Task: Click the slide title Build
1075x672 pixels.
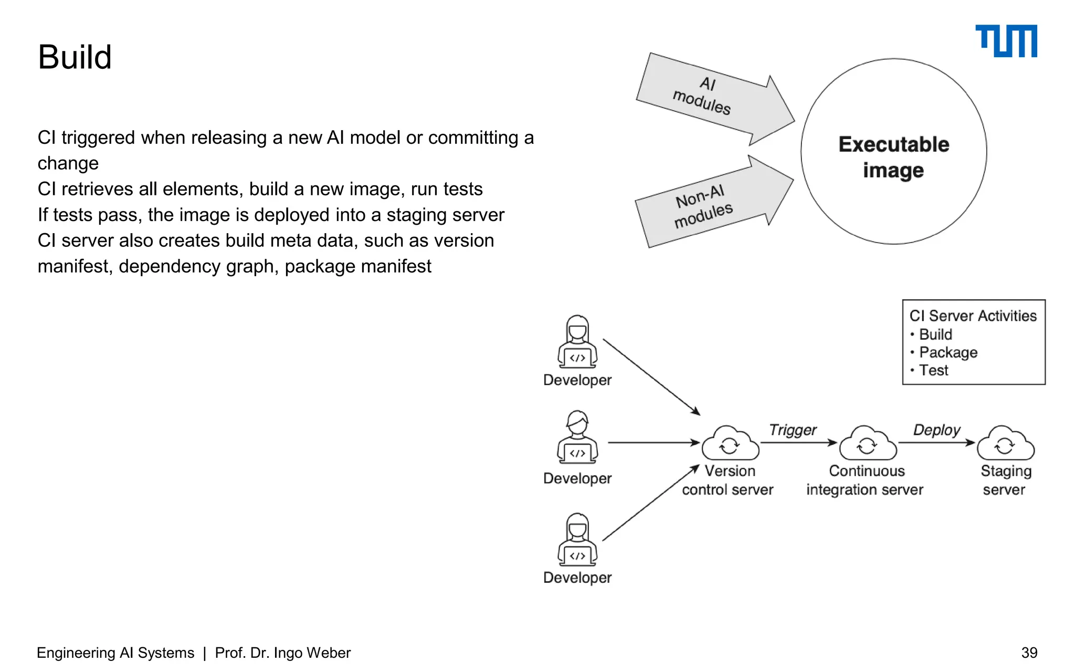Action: pyautogui.click(x=75, y=57)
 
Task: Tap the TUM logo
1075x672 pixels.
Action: pyautogui.click(x=1006, y=41)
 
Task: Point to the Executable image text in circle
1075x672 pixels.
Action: pyautogui.click(x=893, y=156)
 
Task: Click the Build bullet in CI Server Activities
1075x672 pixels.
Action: pyautogui.click(x=935, y=334)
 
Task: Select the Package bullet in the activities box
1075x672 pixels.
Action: pyautogui.click(x=948, y=352)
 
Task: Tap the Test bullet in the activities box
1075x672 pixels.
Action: pyautogui.click(x=933, y=370)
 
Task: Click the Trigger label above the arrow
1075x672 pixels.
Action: pyautogui.click(x=793, y=430)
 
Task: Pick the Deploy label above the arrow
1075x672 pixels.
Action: pyautogui.click(x=936, y=430)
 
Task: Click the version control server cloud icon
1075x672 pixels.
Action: pyautogui.click(x=730, y=444)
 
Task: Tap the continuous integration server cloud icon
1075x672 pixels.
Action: pyautogui.click(x=867, y=444)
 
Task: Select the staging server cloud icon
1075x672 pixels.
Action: pyautogui.click(x=1005, y=444)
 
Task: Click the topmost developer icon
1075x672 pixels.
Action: pyautogui.click(x=577, y=342)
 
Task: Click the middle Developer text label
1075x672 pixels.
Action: pyautogui.click(x=577, y=478)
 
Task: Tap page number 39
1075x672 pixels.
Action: pyautogui.click(x=1029, y=653)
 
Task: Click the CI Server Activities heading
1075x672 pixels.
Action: pyautogui.click(x=973, y=316)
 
